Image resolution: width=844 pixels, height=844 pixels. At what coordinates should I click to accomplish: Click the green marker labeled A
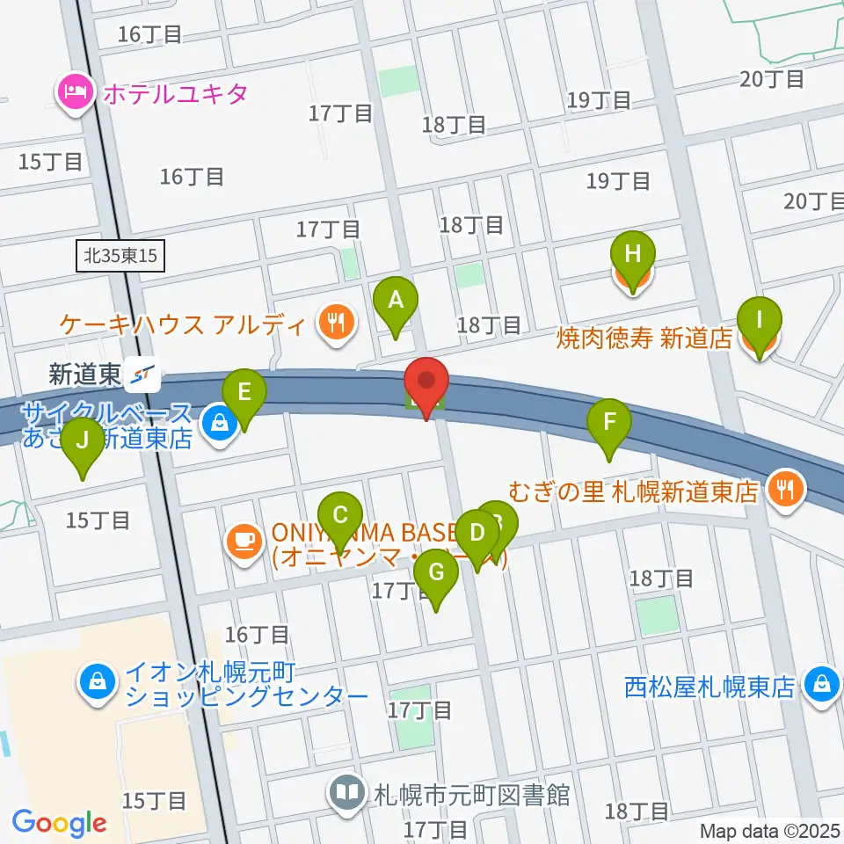point(396,302)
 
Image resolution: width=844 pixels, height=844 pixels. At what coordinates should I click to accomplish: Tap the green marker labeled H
point(632,256)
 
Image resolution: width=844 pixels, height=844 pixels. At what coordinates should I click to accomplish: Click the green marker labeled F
point(608,425)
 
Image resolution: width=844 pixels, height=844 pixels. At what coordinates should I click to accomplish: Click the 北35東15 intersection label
point(120,256)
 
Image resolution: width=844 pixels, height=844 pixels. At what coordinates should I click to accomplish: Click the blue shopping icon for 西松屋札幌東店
point(823,683)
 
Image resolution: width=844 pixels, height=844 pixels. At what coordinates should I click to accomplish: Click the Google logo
point(60,823)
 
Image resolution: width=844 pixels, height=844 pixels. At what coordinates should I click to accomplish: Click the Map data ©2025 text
point(769,830)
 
